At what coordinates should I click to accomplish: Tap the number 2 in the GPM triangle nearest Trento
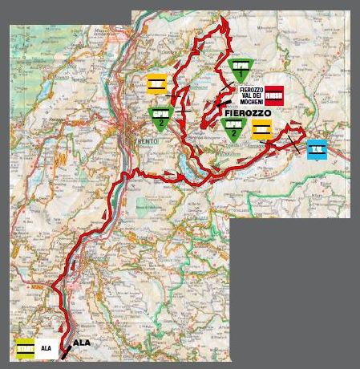coord(161,124)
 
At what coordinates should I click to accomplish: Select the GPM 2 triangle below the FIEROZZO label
coord(233,129)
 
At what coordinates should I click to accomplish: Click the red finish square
coord(275,95)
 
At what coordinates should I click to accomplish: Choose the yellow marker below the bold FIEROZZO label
coord(261,131)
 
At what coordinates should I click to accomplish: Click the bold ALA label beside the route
coord(82,342)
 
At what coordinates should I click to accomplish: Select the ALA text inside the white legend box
coord(46,349)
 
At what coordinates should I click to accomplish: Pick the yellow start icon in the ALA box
coord(26,349)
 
